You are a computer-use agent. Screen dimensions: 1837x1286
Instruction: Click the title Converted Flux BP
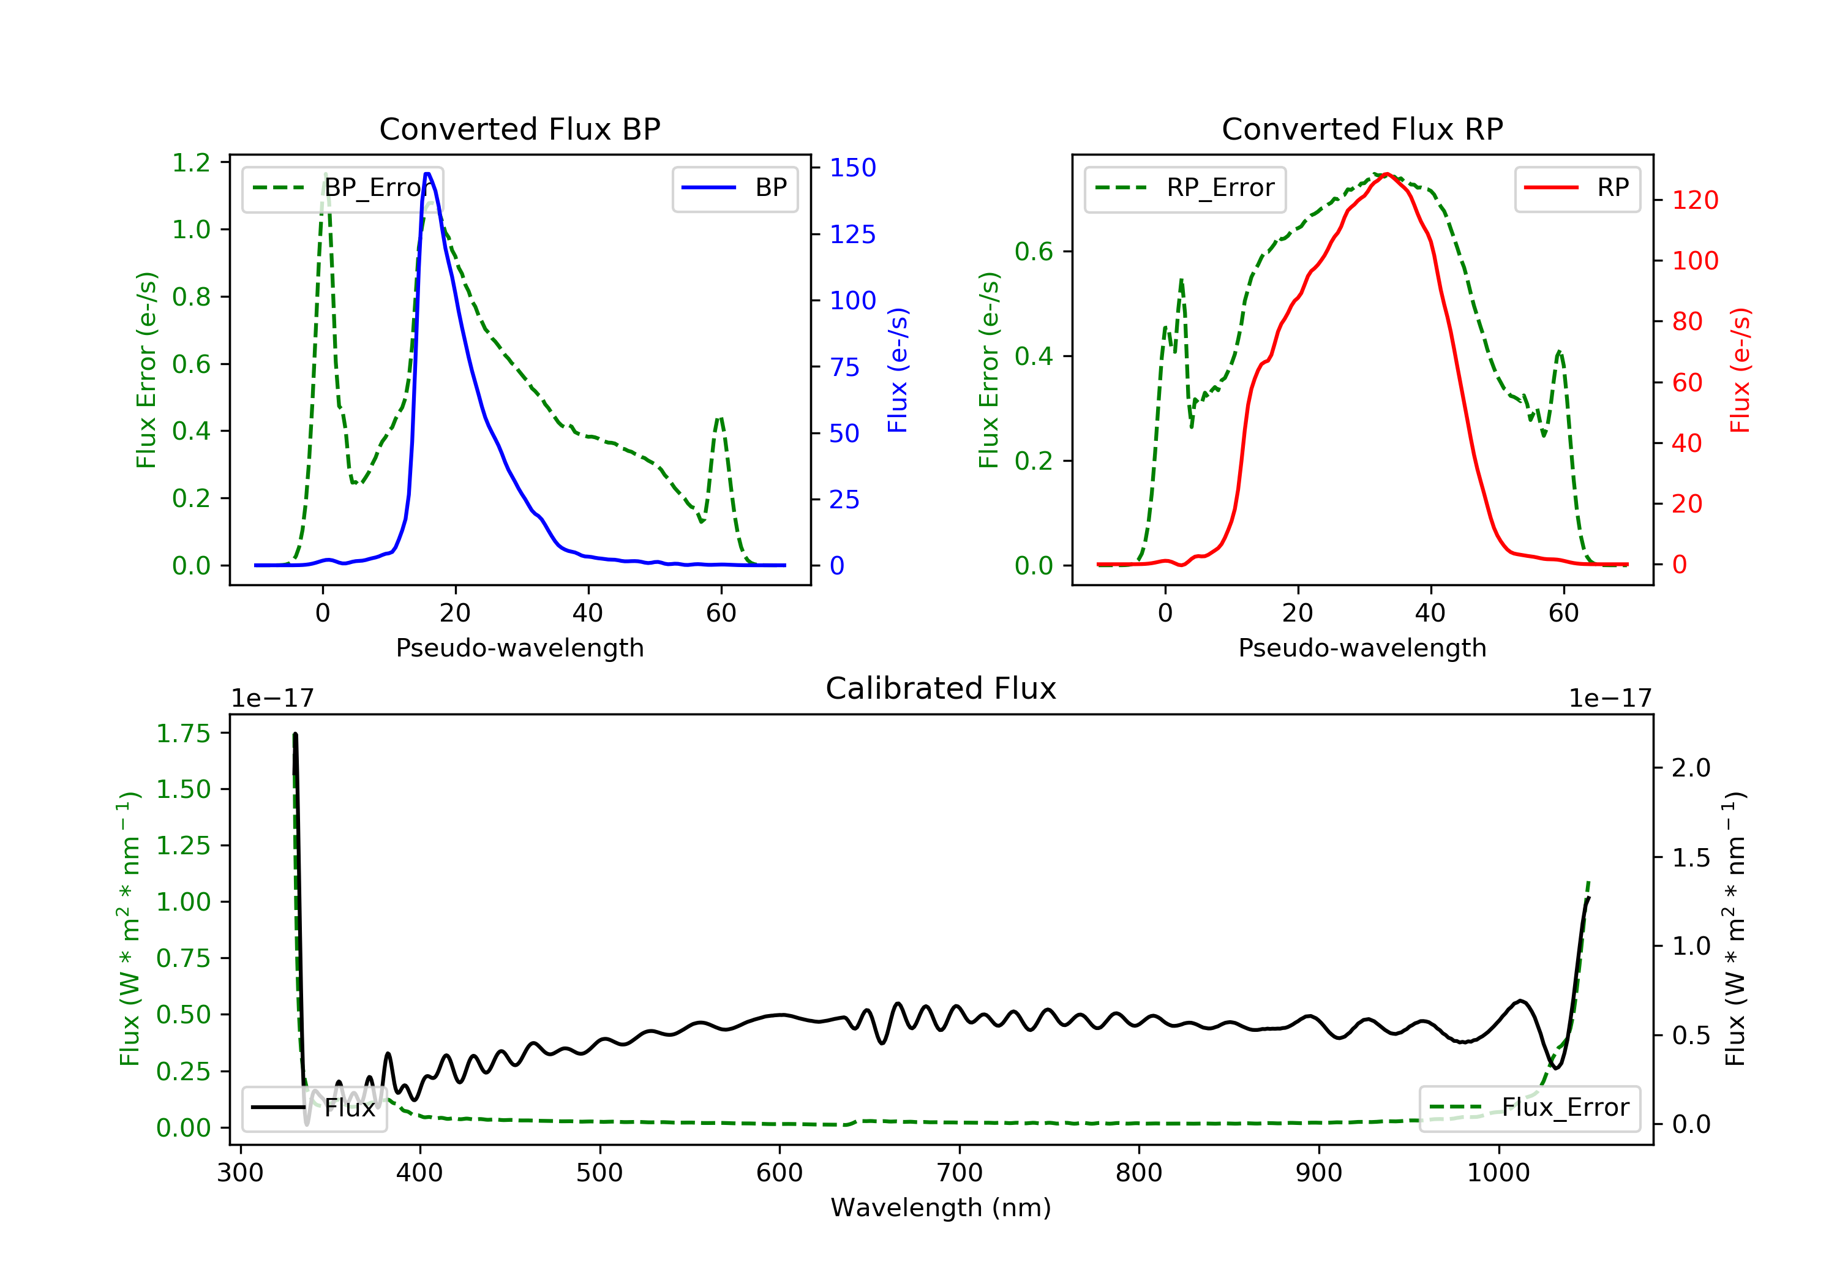coord(519,129)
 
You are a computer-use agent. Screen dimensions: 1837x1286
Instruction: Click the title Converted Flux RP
coord(1362,129)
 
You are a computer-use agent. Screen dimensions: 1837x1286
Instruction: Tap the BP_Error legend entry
coord(342,188)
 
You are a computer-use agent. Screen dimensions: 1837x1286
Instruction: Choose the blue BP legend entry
coord(734,188)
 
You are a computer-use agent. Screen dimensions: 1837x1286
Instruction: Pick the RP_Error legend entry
coord(1185,188)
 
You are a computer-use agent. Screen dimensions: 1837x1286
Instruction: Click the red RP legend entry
coord(1577,188)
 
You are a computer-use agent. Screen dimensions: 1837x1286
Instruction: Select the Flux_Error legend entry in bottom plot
coord(1529,1108)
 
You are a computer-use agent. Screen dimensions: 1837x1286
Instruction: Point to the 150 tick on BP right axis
coord(852,167)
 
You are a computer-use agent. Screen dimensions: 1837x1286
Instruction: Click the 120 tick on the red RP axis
coord(1694,200)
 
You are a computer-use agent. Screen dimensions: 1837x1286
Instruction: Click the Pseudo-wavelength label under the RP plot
coord(1362,647)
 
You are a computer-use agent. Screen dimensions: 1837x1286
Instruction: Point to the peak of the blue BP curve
coord(427,174)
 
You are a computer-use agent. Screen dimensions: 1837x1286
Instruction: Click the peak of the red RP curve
coord(1386,174)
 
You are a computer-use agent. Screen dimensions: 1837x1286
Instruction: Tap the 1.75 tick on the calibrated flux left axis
coord(182,733)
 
